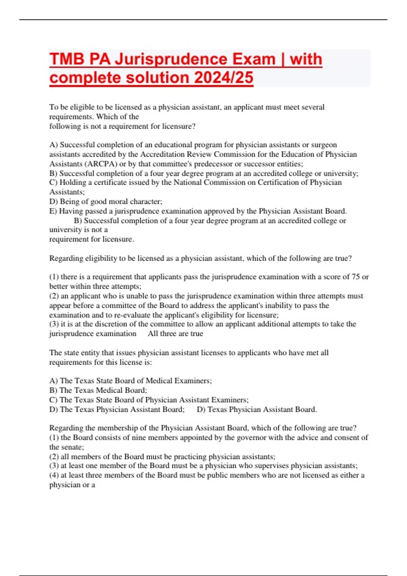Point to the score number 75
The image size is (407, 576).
(355, 277)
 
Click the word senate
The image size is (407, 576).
(72, 447)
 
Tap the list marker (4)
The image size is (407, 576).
(54, 475)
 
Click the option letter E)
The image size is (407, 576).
(53, 211)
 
